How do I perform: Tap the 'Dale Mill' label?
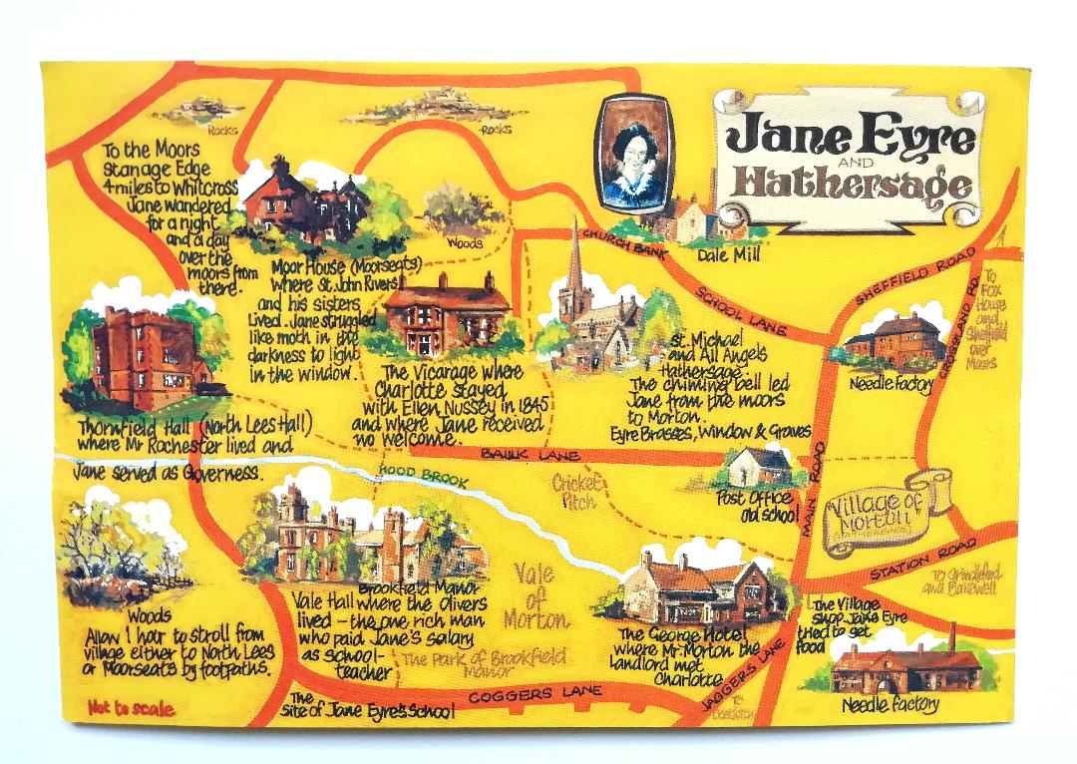(x=730, y=255)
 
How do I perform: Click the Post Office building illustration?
(x=760, y=468)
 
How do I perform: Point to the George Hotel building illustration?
(x=698, y=589)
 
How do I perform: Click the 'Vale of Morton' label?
(x=537, y=596)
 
